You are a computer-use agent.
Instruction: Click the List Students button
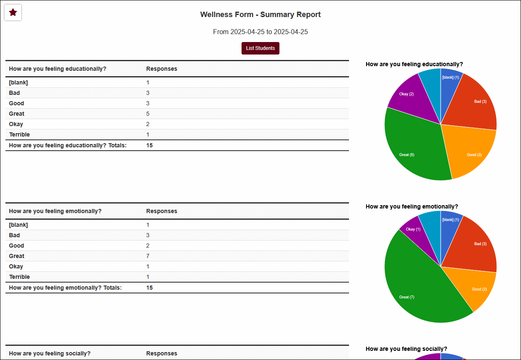tap(260, 48)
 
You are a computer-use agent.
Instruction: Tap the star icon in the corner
tap(13, 12)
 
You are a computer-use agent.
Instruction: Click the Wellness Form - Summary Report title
tap(260, 15)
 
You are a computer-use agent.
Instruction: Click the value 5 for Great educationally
tap(148, 114)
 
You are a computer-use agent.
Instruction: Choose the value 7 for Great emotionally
tap(148, 256)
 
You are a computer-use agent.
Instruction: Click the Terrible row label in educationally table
tap(19, 134)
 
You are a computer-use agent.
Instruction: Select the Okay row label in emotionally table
tap(16, 266)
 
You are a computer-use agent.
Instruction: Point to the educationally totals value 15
tap(150, 145)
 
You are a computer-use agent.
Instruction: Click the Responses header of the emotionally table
tap(162, 211)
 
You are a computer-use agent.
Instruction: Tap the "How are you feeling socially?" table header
tap(50, 353)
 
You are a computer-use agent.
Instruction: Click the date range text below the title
tap(260, 32)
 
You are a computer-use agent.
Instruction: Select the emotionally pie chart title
tap(411, 206)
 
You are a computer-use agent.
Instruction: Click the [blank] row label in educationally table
tap(18, 82)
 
